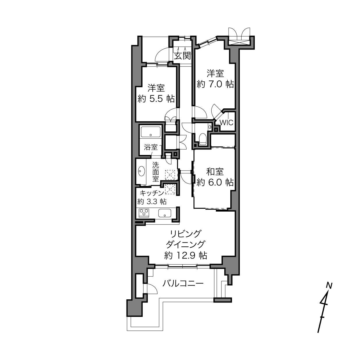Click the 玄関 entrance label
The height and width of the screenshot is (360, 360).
(183, 56)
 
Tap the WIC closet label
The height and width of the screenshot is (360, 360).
(226, 122)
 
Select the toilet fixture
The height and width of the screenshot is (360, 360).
(202, 139)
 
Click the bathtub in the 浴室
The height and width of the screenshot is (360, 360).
(151, 132)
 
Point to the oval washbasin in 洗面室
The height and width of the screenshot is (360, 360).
(141, 171)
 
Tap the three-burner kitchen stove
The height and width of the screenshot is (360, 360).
(144, 213)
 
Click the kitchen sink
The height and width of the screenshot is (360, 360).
(164, 213)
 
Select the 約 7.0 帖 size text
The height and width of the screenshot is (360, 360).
(215, 84)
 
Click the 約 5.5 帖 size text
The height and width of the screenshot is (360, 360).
(156, 99)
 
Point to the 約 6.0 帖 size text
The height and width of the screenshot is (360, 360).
(215, 182)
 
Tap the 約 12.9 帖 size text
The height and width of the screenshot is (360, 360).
(185, 255)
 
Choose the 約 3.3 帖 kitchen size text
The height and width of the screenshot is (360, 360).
(152, 202)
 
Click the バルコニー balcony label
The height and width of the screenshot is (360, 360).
(183, 284)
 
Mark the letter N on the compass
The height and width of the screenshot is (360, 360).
(329, 286)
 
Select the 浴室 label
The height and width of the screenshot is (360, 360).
(151, 147)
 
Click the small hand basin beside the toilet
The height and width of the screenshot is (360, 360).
(210, 127)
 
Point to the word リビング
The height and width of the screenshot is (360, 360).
(185, 233)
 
